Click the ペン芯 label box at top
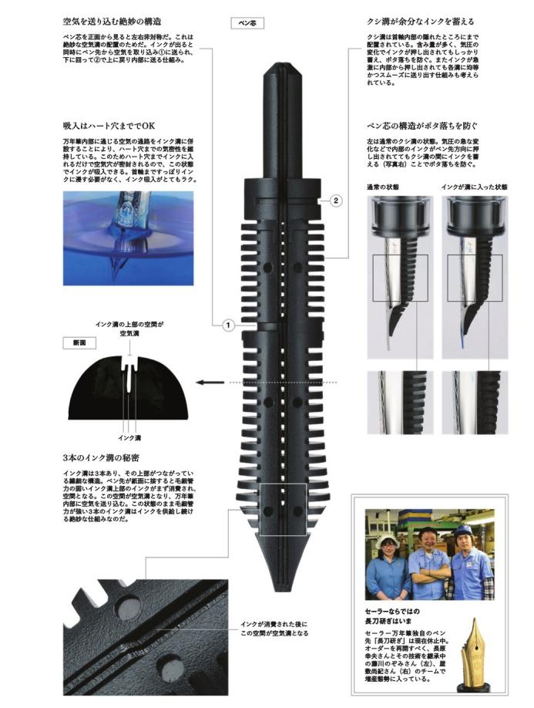tap(248, 23)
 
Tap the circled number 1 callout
tap(228, 325)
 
